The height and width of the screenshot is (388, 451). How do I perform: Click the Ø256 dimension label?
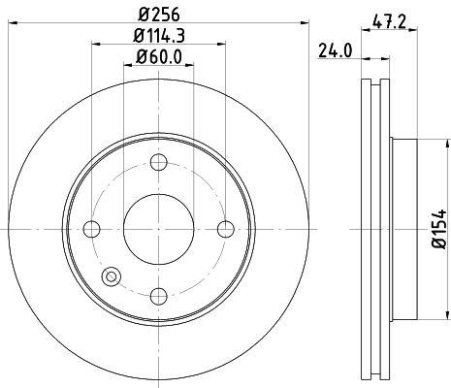tap(158, 15)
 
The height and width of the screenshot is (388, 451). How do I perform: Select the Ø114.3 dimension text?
tap(159, 36)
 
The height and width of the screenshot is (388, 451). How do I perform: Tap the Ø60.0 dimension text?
tap(159, 56)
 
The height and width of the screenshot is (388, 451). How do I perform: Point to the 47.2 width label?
tap(389, 22)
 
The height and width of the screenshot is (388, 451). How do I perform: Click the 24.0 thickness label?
tap(335, 50)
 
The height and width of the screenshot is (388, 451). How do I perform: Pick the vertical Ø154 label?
tap(438, 229)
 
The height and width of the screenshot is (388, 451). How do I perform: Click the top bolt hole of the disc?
tap(159, 162)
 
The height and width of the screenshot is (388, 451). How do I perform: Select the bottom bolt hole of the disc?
tap(159, 296)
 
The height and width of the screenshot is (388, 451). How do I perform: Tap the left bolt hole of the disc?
tap(91, 229)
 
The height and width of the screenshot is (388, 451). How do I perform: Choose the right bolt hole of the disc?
tap(226, 229)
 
